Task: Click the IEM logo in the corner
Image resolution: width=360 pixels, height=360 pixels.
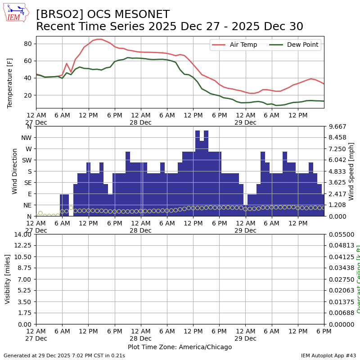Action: coord(16,12)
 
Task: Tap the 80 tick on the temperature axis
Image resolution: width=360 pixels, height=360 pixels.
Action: coord(27,44)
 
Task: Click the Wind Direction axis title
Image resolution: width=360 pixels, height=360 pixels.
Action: coord(15,171)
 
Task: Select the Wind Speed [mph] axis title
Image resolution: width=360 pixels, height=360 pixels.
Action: coord(351,171)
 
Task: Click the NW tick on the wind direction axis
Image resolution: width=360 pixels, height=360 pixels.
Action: coord(27,138)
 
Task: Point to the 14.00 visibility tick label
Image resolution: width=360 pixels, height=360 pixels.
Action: coord(22,234)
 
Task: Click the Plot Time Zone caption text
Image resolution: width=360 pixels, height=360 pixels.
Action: coord(180,347)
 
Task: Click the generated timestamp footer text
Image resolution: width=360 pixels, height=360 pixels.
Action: coord(64,355)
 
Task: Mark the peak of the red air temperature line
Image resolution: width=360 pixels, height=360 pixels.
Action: coord(99,39)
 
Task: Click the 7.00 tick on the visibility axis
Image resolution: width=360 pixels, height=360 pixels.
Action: coord(24,279)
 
